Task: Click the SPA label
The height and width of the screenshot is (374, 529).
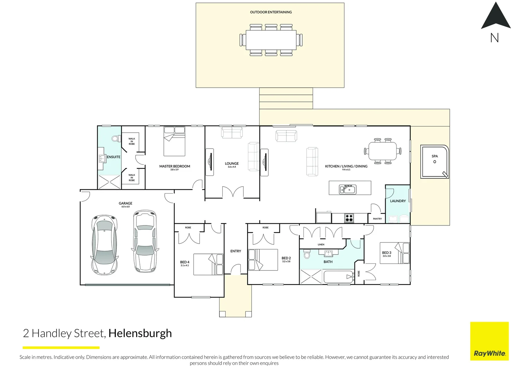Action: click(x=434, y=156)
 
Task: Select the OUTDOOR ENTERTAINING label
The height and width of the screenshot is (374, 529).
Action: click(x=271, y=12)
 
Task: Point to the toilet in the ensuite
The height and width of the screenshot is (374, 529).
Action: click(x=115, y=139)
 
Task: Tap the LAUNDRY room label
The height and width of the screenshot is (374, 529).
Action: click(x=398, y=201)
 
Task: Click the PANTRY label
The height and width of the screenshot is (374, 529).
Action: click(x=377, y=219)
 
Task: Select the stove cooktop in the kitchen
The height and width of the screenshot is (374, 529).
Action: click(x=349, y=218)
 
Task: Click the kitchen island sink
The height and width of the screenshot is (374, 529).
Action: click(x=348, y=189)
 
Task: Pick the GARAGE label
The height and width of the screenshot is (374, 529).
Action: click(x=125, y=203)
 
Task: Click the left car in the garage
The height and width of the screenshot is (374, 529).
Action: click(x=104, y=244)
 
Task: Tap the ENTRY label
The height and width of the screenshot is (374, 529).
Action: click(x=236, y=251)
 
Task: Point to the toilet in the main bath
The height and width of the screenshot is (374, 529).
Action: click(x=306, y=255)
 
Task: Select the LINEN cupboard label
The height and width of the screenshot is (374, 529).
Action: click(x=321, y=244)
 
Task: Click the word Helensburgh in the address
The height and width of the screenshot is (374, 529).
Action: click(x=140, y=333)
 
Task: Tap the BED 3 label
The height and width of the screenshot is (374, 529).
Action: click(x=386, y=253)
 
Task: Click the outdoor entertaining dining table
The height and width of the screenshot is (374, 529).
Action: click(x=271, y=40)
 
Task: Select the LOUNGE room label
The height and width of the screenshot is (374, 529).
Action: click(x=232, y=163)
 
